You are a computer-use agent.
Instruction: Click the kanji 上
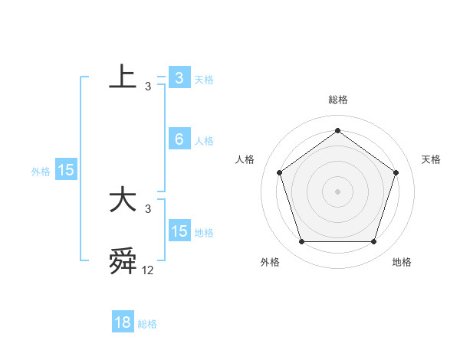123,77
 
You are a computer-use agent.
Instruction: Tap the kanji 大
123,200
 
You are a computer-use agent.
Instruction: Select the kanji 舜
123,261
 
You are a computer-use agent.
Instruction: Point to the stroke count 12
147,270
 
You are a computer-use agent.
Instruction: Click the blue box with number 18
123,322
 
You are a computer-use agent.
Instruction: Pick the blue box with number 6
179,139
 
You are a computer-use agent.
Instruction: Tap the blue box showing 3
179,77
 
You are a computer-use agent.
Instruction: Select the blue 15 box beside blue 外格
66,170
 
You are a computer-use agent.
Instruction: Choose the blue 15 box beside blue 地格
179,231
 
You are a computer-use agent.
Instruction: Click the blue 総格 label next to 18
147,324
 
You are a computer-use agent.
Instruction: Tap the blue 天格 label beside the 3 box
204,79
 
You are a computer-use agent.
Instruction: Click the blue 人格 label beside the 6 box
204,141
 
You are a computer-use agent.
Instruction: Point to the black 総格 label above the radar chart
338,100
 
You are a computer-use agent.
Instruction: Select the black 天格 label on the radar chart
432,159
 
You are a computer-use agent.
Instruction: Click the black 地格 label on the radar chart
402,262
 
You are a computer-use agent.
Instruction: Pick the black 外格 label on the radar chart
270,262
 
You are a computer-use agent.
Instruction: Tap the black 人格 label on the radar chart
245,159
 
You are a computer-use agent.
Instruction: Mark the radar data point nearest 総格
337,130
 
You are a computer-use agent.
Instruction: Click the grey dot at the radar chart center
337,191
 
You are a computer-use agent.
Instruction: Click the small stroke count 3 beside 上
147,87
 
